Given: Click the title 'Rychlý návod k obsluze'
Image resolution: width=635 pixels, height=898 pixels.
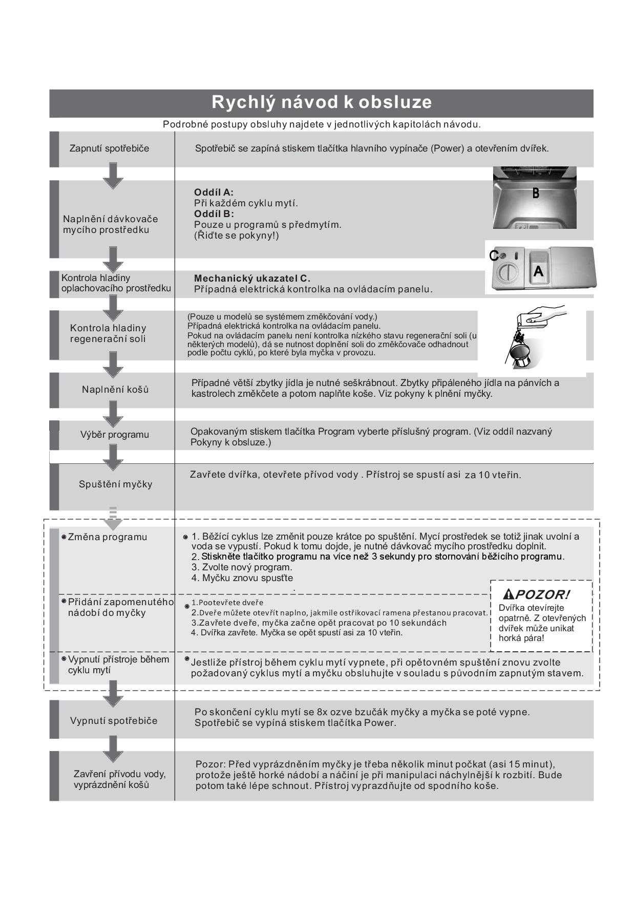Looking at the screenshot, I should pos(322,102).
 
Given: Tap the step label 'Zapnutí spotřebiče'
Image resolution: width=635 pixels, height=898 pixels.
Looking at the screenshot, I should pos(109,148).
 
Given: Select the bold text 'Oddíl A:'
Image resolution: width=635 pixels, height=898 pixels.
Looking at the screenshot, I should pos(214,193).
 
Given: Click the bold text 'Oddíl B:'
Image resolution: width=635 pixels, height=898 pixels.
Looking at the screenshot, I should pos(214,214).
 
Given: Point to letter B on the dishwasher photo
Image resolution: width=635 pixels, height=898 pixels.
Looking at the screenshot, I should pos(536,194).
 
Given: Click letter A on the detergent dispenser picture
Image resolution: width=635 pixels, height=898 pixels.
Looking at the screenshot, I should pos(538,271).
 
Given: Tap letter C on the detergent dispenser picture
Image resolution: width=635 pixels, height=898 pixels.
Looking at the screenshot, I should pos(494,255).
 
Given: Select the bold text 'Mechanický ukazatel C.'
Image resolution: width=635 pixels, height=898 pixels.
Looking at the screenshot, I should pos(252,279).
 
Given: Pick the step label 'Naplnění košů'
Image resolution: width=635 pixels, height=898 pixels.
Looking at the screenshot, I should pos(115,390).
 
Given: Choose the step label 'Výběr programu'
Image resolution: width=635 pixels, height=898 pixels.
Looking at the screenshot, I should pos(114,435).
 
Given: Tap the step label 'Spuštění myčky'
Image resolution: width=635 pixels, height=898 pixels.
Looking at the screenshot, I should pos(115,484).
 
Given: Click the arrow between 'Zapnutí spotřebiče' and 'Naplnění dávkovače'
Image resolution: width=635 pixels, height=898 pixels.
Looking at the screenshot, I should pos(113,176).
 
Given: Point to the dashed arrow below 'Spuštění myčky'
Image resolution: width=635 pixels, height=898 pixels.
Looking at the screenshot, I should pos(113,518).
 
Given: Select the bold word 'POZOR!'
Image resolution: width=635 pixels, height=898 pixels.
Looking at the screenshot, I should pos(542,594).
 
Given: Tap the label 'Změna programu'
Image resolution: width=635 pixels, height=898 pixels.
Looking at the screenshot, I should pos(107,537).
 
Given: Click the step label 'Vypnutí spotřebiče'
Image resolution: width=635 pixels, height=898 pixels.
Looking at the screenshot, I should pos(114,721).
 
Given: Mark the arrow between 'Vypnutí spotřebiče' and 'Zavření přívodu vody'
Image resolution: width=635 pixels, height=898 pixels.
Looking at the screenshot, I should pos(113,749).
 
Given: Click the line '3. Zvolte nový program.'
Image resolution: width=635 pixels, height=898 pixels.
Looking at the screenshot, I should pos(242,567).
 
